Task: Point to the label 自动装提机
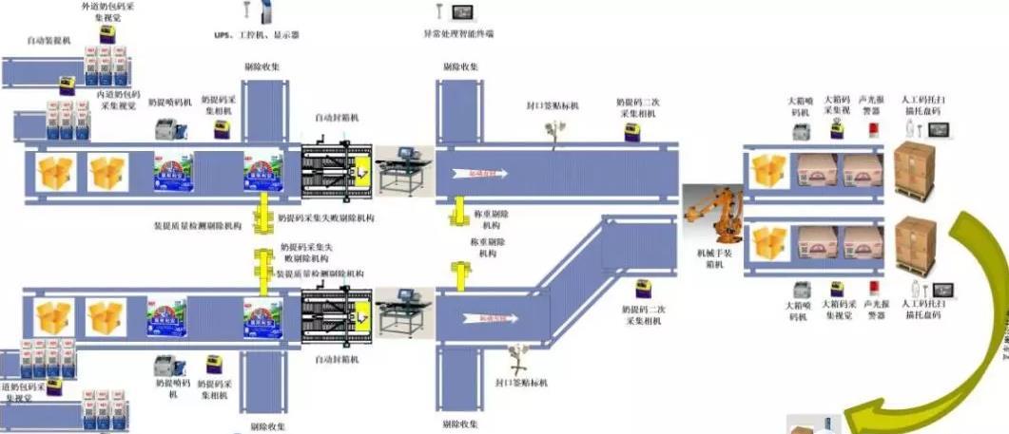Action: pos(50,42)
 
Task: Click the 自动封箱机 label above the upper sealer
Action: pos(338,119)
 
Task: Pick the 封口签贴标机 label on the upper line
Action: pos(553,104)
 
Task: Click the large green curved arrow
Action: pos(960,313)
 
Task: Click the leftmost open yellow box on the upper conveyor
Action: pos(56,172)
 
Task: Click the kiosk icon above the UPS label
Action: pos(243,10)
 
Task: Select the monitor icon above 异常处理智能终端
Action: pos(464,12)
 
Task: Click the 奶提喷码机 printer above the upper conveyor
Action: pos(169,129)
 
